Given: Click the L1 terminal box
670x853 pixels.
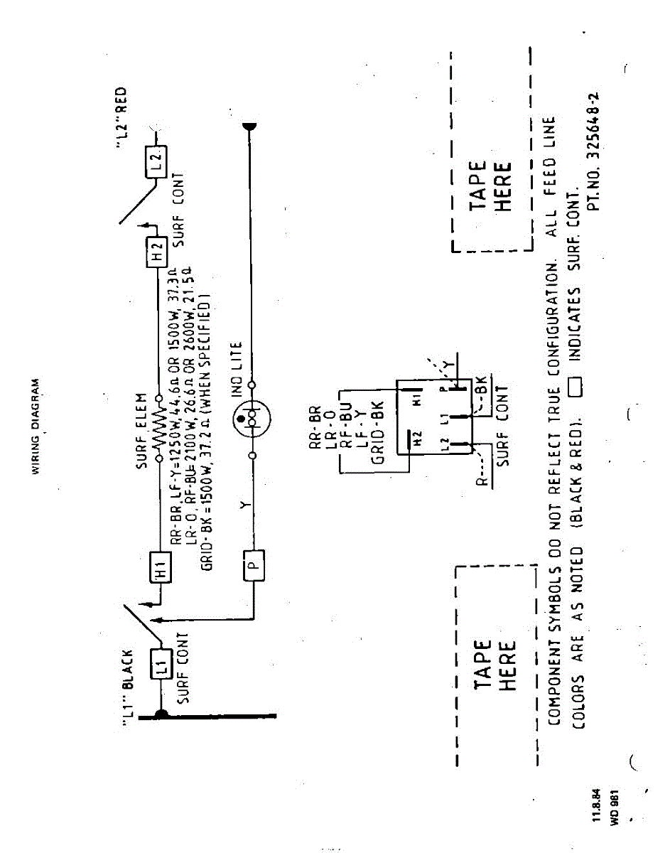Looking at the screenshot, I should click(161, 667).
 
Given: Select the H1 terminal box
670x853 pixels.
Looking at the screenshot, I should click(161, 567).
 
